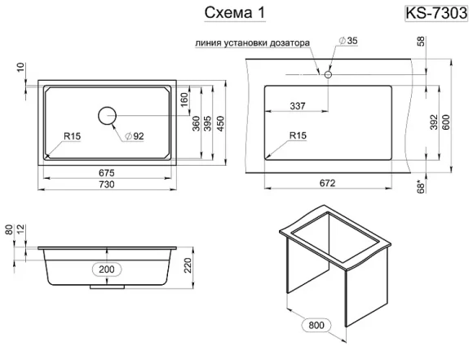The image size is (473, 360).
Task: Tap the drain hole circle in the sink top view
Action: pyautogui.click(x=108, y=116)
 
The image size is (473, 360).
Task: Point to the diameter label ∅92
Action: pyautogui.click(x=135, y=136)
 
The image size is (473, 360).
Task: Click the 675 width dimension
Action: pyautogui.click(x=107, y=172)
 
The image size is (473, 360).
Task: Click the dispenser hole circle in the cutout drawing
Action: pyautogui.click(x=327, y=75)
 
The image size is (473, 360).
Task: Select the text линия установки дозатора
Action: pyautogui.click(x=254, y=45)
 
